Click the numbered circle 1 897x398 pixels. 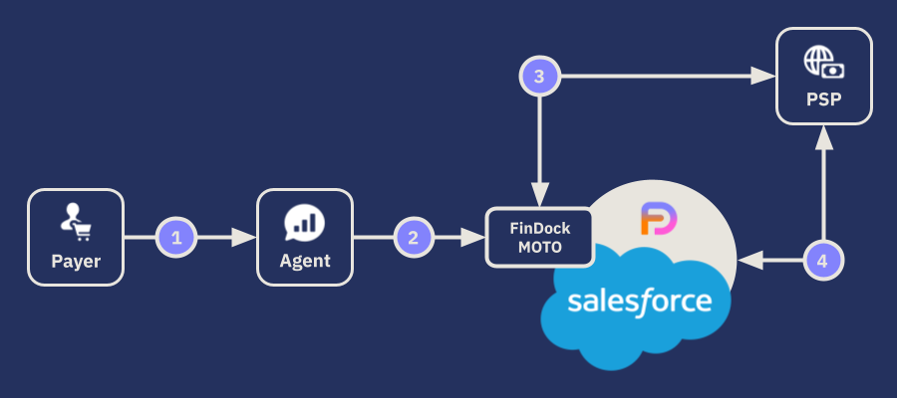[176, 238]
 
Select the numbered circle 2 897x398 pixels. [414, 238]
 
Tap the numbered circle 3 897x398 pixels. [539, 76]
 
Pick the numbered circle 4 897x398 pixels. [822, 262]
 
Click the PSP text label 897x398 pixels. [823, 100]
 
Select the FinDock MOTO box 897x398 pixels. [539, 237]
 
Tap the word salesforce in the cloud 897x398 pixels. [639, 300]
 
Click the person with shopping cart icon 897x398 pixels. [76, 222]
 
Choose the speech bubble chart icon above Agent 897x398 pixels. [304, 222]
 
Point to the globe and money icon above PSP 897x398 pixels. [823, 62]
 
